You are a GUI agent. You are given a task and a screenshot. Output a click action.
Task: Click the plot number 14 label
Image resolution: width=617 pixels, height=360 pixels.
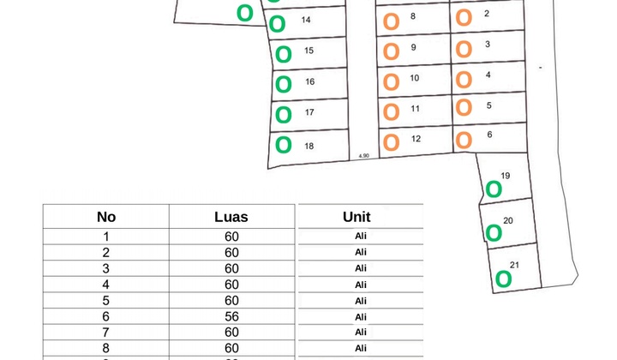pyautogui.click(x=306, y=20)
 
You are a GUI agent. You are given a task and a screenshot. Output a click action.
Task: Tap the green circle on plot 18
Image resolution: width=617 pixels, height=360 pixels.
pyautogui.click(x=284, y=145)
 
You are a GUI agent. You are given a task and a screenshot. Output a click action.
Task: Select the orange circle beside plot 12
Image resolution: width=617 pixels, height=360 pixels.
pyautogui.click(x=391, y=141)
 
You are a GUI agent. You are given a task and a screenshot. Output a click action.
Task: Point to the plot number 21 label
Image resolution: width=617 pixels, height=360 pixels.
pyautogui.click(x=513, y=264)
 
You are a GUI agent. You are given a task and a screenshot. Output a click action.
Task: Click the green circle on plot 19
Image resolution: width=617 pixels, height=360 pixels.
pyautogui.click(x=494, y=189)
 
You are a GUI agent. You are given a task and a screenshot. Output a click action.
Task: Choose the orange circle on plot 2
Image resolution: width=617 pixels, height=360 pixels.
pyautogui.click(x=464, y=17)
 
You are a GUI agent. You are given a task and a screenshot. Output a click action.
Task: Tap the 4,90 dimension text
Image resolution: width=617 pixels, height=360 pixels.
pyautogui.click(x=363, y=155)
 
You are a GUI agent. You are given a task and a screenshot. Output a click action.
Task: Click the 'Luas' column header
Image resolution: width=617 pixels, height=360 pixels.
pyautogui.click(x=231, y=217)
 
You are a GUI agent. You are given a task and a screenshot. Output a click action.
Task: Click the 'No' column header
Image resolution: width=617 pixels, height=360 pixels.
pyautogui.click(x=106, y=217)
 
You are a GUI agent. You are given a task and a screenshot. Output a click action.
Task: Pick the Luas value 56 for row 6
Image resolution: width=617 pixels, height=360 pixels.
pyautogui.click(x=231, y=315)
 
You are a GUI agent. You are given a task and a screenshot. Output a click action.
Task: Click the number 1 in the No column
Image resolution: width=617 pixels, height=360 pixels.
pyautogui.click(x=106, y=237)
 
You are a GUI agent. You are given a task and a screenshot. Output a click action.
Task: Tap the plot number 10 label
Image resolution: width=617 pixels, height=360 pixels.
pyautogui.click(x=414, y=78)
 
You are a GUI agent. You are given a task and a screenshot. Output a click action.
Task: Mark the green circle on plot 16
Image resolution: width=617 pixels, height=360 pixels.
pyautogui.click(x=284, y=84)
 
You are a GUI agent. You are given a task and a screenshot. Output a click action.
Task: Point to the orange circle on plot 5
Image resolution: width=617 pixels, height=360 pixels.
pyautogui.click(x=464, y=108)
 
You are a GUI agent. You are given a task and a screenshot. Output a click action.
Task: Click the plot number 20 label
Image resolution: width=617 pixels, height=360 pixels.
pyautogui.click(x=507, y=221)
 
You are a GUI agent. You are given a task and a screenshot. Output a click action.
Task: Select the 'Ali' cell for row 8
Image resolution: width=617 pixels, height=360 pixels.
pyautogui.click(x=360, y=348)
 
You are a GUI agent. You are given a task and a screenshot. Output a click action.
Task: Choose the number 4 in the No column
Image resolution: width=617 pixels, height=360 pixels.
pyautogui.click(x=106, y=285)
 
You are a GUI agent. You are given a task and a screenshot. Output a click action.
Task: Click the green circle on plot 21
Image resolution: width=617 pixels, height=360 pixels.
pyautogui.click(x=503, y=279)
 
